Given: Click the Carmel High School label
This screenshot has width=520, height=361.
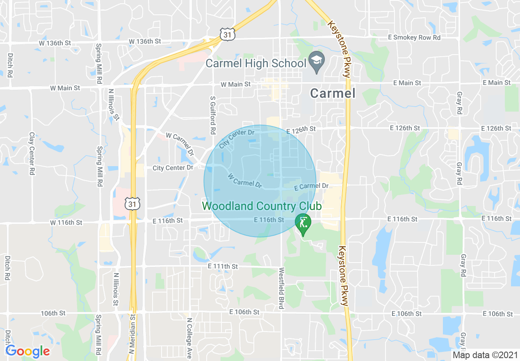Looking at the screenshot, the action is (256, 63).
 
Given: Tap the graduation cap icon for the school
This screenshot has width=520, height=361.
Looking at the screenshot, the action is (317, 60).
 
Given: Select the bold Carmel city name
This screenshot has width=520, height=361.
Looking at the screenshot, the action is (333, 93).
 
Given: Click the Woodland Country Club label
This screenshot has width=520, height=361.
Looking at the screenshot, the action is (262, 206).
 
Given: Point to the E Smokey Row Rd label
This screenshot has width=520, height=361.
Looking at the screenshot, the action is (414, 37).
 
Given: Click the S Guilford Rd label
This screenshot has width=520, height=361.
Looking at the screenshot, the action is (212, 116).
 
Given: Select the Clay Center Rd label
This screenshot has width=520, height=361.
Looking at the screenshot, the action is (32, 154).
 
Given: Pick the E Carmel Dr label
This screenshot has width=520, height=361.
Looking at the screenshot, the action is (312, 186).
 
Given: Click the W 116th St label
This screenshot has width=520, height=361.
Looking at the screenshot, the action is (66, 222).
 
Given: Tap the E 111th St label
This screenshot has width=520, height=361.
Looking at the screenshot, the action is (223, 266).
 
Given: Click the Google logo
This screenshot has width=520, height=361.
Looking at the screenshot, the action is (28, 351).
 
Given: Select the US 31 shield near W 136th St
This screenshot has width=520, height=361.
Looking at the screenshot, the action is (227, 34).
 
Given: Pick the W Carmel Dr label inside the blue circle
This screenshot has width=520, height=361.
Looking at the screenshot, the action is (245, 180).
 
